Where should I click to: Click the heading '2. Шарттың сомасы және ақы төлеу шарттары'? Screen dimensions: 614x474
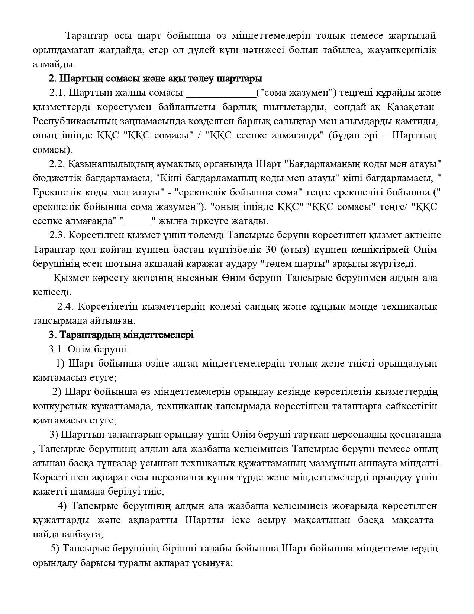click(x=155, y=79)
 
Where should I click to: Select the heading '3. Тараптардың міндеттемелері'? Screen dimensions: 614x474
click(x=121, y=335)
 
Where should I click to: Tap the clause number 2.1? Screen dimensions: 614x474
click(x=57, y=93)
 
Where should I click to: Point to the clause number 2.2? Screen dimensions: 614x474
click(x=57, y=164)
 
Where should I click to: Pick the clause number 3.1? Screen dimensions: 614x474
click(x=57, y=349)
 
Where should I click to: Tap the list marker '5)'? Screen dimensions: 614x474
click(x=55, y=549)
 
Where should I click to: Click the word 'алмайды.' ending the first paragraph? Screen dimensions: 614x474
click(x=54, y=64)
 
